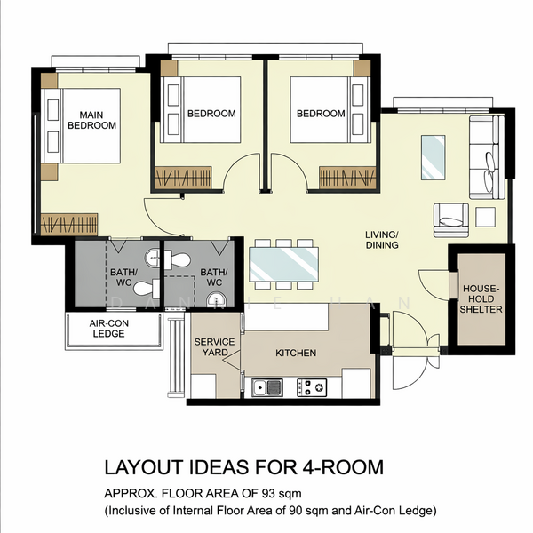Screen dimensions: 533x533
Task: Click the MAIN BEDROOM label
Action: (x=92, y=121)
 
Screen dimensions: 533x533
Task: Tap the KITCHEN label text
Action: (x=296, y=354)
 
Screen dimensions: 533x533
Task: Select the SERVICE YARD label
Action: (x=214, y=347)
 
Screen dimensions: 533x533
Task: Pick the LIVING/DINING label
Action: (x=383, y=241)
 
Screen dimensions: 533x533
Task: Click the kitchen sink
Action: (x=266, y=386)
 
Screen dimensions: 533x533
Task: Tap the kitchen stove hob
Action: (x=312, y=386)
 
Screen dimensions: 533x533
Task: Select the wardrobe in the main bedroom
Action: (x=70, y=224)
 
